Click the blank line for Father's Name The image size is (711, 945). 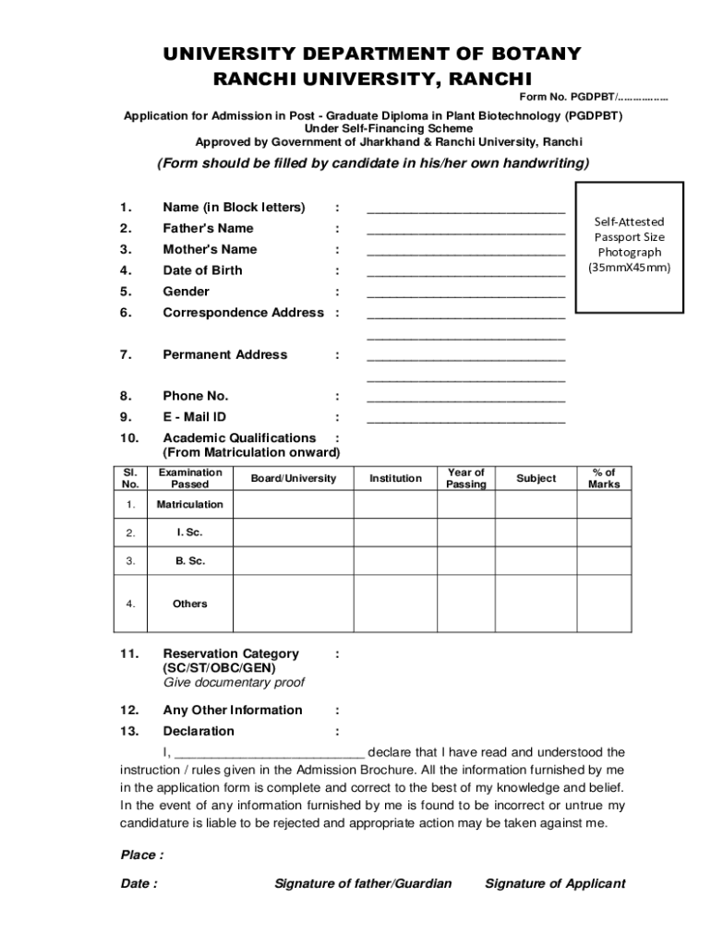pos(465,231)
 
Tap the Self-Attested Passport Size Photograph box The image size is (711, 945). pos(629,246)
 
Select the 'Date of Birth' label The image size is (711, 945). pos(202,270)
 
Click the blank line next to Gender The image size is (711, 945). pos(465,294)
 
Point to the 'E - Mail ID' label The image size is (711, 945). pos(194,417)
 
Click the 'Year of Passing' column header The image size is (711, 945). pos(465,478)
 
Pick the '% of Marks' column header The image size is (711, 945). pos(604,478)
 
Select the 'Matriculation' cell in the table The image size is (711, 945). pos(189,505)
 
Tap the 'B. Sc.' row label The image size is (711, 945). pos(189,561)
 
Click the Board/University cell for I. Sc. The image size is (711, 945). pos(294,532)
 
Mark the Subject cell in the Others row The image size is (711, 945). pos(536,604)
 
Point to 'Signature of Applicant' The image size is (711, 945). pos(555,884)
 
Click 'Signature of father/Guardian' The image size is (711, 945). pos(363,884)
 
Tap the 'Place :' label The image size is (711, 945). pos(142,855)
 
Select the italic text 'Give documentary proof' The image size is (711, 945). pos(234,683)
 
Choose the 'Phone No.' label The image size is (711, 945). pos(196,396)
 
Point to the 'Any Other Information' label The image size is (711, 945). pos(232,711)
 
